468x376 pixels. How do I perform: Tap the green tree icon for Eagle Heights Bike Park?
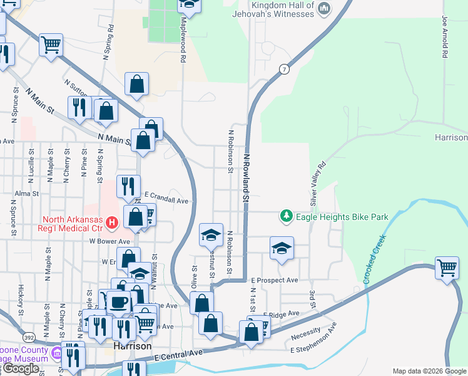coord(287,216)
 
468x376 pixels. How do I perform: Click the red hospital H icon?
coord(112,222)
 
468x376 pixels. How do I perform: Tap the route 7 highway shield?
coord(285,69)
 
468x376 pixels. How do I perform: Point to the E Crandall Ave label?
coord(166,201)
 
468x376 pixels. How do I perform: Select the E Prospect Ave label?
coord(275,279)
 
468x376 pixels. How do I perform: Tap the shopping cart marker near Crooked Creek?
coord(447,268)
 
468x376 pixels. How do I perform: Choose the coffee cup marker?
coord(119,302)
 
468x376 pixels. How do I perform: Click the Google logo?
coord(21,368)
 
